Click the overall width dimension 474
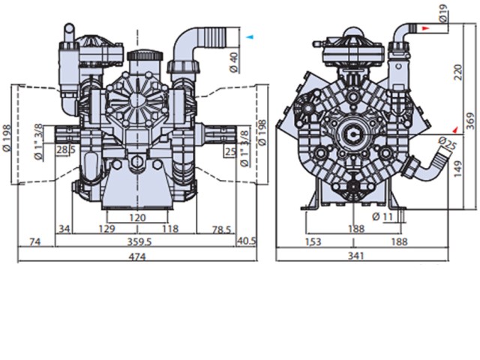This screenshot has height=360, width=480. coord(136,256)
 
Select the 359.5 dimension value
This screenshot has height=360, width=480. coord(139,242)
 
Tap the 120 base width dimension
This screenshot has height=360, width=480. coord(137,218)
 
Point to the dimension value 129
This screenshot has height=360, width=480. coord(106,229)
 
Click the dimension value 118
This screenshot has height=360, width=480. coord(170,229)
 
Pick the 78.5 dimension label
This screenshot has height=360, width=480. coord(221,230)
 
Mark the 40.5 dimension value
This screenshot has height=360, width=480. coord(247,241)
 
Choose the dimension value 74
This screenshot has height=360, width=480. coord(35,242)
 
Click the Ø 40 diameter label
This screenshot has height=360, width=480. coord(234,62)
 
